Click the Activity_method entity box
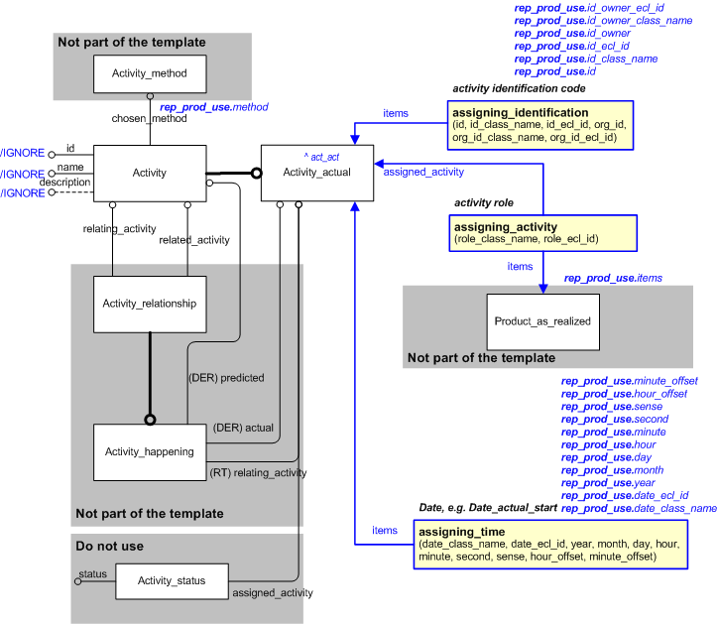coord(150,73)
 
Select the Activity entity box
coord(149,173)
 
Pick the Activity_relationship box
coord(150,303)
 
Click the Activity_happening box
coord(150,451)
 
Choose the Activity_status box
coord(172,580)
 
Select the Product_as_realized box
coord(542,321)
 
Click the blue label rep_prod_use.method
coord(213,106)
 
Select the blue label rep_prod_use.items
coord(613,279)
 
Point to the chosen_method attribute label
coord(149,119)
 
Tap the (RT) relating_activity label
coord(257,472)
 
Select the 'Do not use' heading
coord(109,546)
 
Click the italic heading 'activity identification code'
coord(519,88)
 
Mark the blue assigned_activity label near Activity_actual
coord(423,172)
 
